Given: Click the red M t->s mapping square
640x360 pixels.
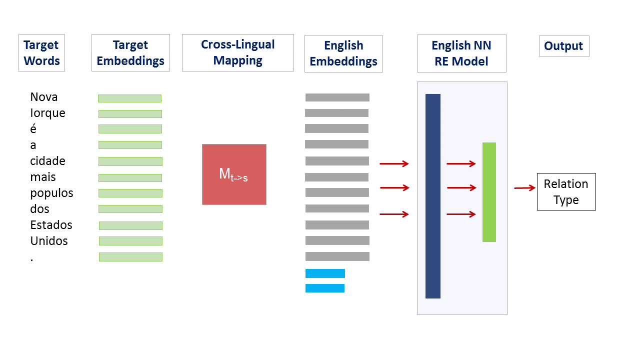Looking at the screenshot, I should (x=234, y=174).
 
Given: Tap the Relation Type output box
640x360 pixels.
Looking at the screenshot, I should (x=566, y=191).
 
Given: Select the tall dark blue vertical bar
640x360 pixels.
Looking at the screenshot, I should (x=433, y=196).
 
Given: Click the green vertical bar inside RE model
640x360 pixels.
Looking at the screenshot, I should (x=489, y=192).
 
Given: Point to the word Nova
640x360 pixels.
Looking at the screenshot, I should (x=44, y=97).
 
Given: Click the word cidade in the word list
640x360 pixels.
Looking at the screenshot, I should (x=47, y=161).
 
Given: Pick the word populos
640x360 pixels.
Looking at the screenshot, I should (x=51, y=193).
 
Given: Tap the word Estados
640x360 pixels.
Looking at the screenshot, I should (x=51, y=225).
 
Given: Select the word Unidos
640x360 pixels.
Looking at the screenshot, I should (x=49, y=241).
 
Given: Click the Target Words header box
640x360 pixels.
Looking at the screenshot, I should (x=41, y=52).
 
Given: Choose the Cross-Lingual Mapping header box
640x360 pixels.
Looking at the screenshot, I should (x=237, y=52).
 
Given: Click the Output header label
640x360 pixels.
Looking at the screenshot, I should (x=563, y=46).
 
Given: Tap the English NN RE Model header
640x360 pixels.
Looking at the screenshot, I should (x=461, y=53).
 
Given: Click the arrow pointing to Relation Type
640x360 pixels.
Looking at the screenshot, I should (x=524, y=188).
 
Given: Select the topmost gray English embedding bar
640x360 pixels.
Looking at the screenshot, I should (x=337, y=97).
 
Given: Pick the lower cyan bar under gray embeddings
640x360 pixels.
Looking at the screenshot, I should (x=325, y=288).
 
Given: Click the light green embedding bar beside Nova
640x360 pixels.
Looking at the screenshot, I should (x=129, y=98).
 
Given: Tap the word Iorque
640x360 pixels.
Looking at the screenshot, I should (x=47, y=113).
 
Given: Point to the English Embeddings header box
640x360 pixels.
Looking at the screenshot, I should (x=343, y=53).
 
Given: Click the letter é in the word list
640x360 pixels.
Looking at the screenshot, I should (x=33, y=129).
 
